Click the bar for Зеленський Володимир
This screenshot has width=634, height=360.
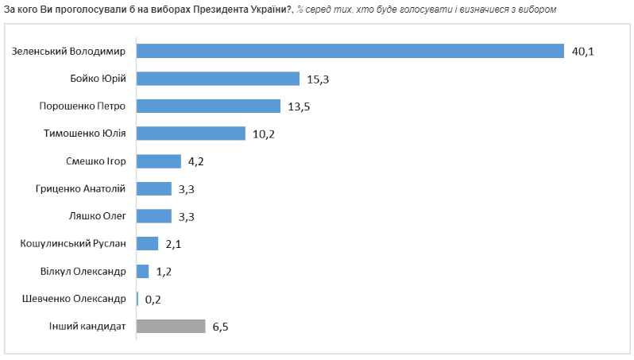coord(350,51)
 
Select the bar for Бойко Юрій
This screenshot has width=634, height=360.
coord(218,79)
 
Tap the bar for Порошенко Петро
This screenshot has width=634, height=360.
coord(209,106)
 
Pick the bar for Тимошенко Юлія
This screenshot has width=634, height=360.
coord(191,134)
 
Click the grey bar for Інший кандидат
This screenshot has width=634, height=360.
coord(171,326)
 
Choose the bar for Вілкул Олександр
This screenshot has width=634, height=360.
coord(143,271)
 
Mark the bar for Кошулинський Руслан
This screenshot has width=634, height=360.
coord(148,243)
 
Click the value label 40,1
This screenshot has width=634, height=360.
coord(582,52)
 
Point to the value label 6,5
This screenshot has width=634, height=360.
coord(220,327)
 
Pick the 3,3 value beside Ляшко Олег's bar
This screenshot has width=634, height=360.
coord(186,216)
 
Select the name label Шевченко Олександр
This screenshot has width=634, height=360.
coord(77,299)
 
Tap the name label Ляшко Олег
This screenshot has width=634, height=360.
coord(99,216)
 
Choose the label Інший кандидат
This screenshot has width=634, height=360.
coord(87,326)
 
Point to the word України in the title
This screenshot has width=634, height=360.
coord(264,9)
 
